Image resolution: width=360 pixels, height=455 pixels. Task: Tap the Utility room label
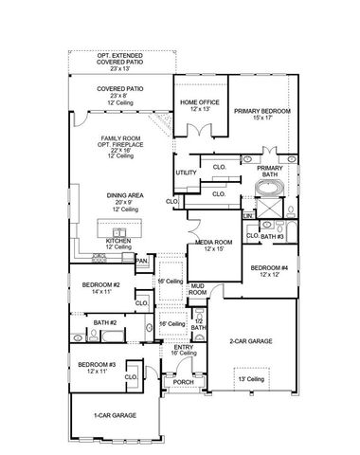tap(186, 172)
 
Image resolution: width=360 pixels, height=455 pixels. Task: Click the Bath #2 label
tap(104, 323)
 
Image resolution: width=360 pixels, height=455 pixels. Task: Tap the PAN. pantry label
tap(141, 260)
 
